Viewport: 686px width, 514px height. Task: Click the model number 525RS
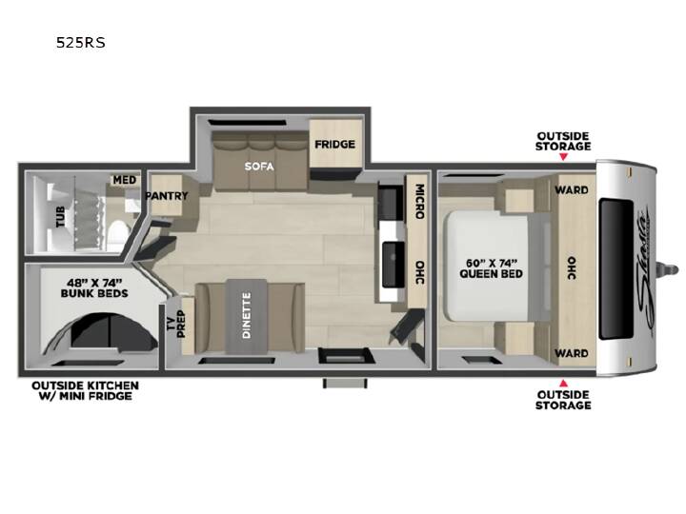(x=80, y=43)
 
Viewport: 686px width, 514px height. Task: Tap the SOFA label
(x=259, y=167)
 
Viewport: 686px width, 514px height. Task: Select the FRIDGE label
(x=334, y=145)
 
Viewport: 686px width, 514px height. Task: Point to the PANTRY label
(x=166, y=196)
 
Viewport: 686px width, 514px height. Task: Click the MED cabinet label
(x=125, y=180)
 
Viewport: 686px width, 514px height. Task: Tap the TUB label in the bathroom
(x=60, y=217)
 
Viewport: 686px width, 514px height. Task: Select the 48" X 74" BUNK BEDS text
(x=94, y=288)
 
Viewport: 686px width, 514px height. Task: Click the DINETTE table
(x=247, y=316)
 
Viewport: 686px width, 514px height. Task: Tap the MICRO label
(x=419, y=202)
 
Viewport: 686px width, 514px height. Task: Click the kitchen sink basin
(x=393, y=264)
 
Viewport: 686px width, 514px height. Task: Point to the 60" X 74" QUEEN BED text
(x=491, y=268)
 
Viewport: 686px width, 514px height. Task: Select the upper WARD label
(x=572, y=190)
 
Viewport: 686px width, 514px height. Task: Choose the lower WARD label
(x=572, y=353)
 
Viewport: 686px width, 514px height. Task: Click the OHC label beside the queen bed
(x=572, y=267)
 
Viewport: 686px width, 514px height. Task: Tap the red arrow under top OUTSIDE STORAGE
(x=563, y=156)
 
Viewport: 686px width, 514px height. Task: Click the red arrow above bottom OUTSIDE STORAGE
(x=563, y=384)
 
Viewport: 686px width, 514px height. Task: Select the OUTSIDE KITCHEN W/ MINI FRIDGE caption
(x=86, y=391)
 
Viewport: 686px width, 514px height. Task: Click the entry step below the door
(x=345, y=383)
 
